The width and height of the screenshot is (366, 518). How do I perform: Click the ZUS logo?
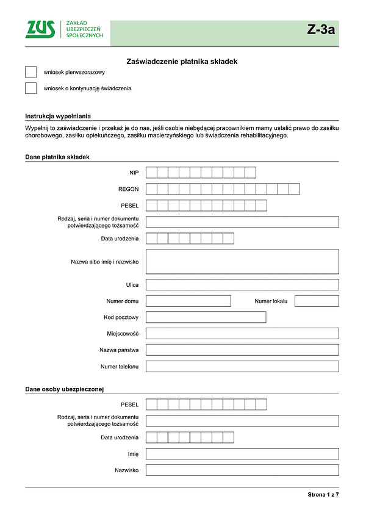click(40, 29)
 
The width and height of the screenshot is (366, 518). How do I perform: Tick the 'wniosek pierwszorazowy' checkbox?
click(31, 72)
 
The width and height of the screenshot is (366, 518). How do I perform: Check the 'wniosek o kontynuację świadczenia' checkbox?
click(31, 88)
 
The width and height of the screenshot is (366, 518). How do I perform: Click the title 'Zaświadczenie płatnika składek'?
click(181, 62)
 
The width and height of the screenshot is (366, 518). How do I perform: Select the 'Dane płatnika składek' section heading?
click(57, 157)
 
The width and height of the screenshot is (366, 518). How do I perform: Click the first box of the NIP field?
click(152, 173)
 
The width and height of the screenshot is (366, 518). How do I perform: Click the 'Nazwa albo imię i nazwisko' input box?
click(242, 262)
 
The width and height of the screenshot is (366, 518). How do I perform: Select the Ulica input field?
click(242, 285)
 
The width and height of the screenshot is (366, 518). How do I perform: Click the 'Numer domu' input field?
click(188, 301)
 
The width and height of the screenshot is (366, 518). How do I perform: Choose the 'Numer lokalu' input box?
click(317, 301)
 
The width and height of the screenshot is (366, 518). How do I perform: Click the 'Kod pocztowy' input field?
click(206, 317)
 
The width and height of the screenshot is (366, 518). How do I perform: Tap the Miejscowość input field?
click(242, 334)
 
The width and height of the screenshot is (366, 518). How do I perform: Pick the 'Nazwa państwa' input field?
click(242, 350)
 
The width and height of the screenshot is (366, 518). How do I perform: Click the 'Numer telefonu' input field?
click(242, 367)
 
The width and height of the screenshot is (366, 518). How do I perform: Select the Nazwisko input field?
click(242, 470)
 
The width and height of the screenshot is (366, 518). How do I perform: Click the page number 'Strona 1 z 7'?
click(323, 495)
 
